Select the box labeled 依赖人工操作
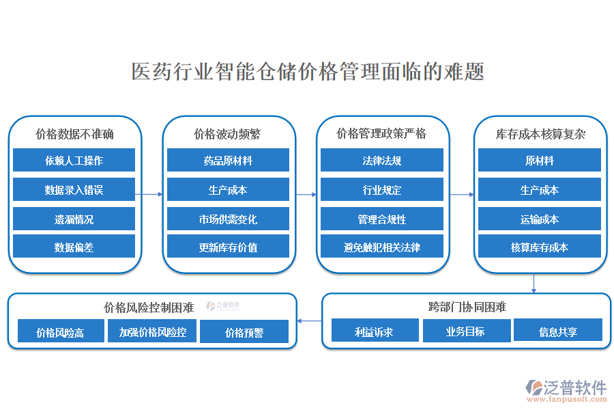pos(74,161)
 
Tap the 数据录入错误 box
pos(74,190)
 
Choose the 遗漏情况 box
pos(74,219)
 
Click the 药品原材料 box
pos(228,161)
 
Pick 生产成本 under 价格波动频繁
pos(228,190)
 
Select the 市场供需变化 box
pos(228,219)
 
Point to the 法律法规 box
pos(382,161)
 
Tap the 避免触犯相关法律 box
pos(382,247)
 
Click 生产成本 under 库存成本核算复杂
pos(539,190)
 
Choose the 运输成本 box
pos(539,219)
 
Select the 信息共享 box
pos(557,331)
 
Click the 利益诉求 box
pos(374,331)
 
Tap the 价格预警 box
pos(244,332)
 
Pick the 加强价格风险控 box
pos(152,332)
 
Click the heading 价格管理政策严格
pos(381,134)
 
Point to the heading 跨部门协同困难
pos(467,307)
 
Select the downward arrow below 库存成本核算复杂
pos(533,283)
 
